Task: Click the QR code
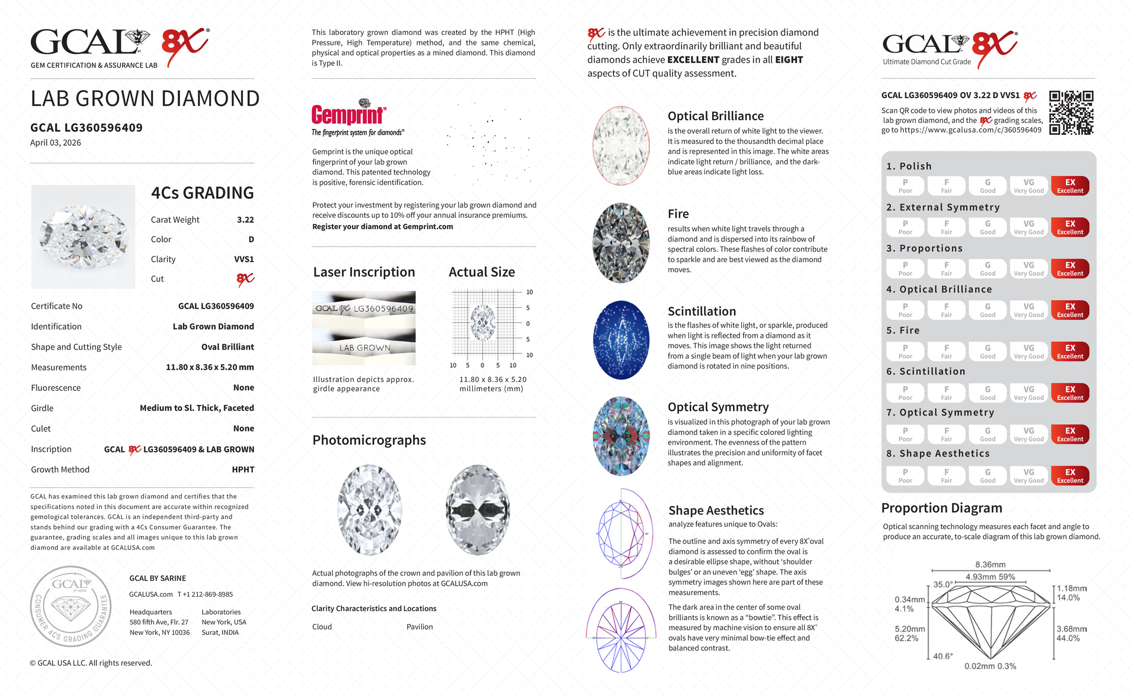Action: tap(1071, 113)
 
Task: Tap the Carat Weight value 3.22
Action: tap(245, 220)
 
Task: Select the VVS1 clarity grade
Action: tap(244, 259)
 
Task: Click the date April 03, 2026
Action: tap(56, 143)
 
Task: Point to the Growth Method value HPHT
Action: tap(243, 470)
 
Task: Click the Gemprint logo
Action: tap(349, 114)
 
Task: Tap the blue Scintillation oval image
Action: tap(621, 340)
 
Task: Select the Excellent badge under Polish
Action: tap(1070, 186)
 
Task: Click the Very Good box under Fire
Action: tap(1028, 352)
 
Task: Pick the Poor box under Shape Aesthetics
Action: tap(905, 476)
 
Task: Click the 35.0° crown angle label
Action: tap(943, 585)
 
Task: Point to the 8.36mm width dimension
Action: tap(990, 565)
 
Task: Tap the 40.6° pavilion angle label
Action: tap(943, 656)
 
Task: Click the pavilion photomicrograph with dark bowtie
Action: tap(478, 510)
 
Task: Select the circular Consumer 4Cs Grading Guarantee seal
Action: tap(71, 606)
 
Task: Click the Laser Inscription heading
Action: tap(364, 272)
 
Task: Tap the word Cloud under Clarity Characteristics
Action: tap(322, 627)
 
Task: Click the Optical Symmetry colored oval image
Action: tap(621, 436)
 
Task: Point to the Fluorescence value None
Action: tap(244, 388)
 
